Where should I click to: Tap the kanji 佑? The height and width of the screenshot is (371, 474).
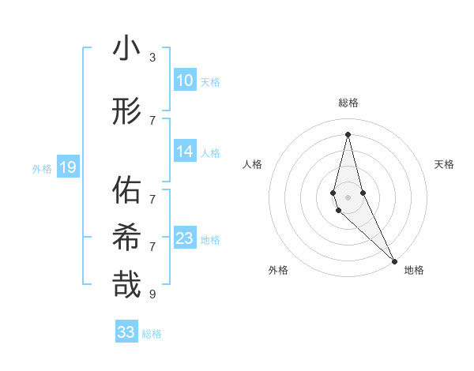(x=126, y=190)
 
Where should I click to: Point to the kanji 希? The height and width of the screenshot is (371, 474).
(x=126, y=237)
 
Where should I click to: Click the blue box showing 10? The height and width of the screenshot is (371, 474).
(x=184, y=81)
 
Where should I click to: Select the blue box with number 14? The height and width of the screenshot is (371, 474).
(x=184, y=152)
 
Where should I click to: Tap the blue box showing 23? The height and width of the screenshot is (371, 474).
(x=184, y=238)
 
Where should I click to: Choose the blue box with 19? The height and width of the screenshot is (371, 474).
(x=67, y=167)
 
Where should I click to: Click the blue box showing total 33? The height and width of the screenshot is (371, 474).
(x=126, y=332)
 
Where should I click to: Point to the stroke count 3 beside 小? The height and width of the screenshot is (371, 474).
(x=152, y=58)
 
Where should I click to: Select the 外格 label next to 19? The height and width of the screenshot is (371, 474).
(x=42, y=167)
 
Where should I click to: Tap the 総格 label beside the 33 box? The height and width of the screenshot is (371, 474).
(x=152, y=334)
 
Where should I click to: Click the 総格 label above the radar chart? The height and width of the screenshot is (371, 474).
(x=348, y=103)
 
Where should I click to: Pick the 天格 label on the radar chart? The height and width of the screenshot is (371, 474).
(x=444, y=164)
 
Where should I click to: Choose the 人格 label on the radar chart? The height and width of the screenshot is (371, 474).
(x=252, y=164)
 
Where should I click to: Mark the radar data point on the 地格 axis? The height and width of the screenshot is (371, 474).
(x=394, y=260)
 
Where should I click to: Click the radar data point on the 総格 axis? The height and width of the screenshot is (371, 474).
(x=348, y=133)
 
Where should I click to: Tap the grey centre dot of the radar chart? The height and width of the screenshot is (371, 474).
(x=348, y=197)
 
